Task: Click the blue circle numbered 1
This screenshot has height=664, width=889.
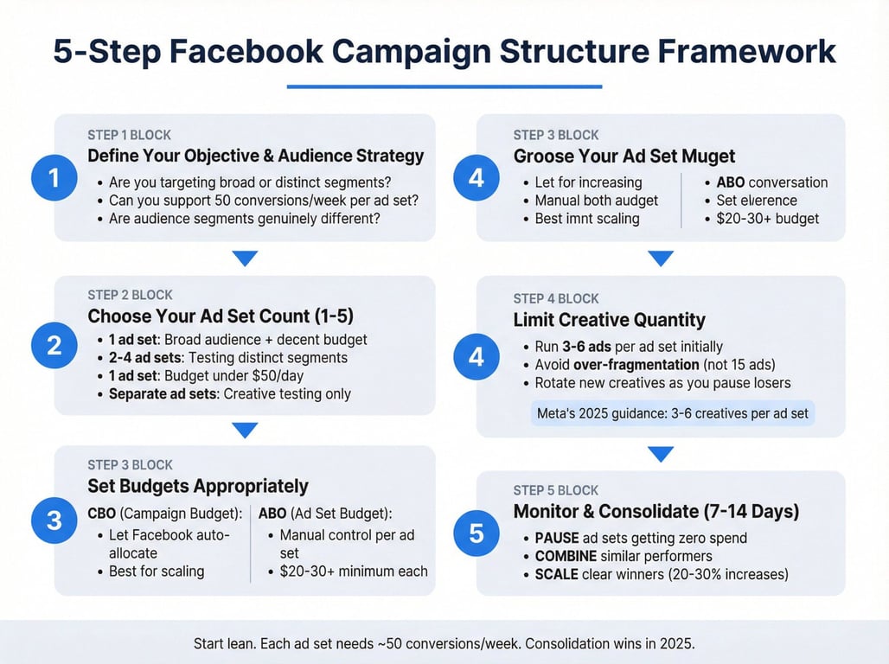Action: click(54, 178)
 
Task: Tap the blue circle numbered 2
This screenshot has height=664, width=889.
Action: click(54, 345)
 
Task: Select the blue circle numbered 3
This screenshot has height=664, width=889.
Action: click(54, 520)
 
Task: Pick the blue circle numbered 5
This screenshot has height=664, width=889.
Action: click(476, 533)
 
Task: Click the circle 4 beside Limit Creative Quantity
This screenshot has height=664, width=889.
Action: click(476, 357)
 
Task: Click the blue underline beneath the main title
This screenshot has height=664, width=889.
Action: click(444, 86)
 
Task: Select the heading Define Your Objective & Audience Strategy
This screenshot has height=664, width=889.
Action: click(256, 156)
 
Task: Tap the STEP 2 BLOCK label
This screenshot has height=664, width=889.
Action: click(130, 295)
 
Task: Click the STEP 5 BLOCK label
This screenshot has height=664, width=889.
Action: click(555, 490)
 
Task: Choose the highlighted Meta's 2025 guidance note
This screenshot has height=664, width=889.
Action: click(673, 413)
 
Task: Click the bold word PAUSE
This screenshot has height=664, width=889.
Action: click(557, 538)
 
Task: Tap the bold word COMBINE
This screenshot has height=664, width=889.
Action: click(566, 556)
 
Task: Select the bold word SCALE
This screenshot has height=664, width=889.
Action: click(557, 574)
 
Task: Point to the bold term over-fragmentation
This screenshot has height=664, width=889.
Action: click(636, 365)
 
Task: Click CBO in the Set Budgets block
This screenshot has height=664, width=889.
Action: click(101, 514)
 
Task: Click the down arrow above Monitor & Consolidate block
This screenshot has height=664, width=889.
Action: click(661, 454)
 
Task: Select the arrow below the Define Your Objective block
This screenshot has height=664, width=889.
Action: click(245, 259)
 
